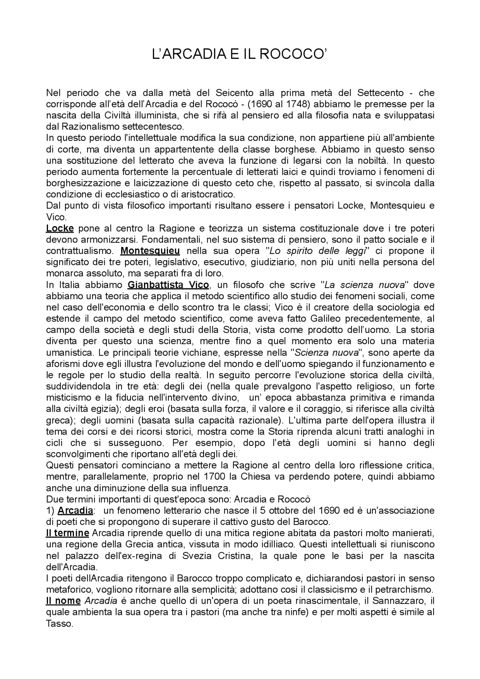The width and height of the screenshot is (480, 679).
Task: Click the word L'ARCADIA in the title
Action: (x=186, y=55)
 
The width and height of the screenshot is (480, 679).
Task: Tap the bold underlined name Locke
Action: (x=60, y=228)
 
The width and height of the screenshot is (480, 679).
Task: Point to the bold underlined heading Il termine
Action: (x=67, y=533)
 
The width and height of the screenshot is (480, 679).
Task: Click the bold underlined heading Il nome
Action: (x=63, y=601)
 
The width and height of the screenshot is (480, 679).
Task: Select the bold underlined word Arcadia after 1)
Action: (x=76, y=510)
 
